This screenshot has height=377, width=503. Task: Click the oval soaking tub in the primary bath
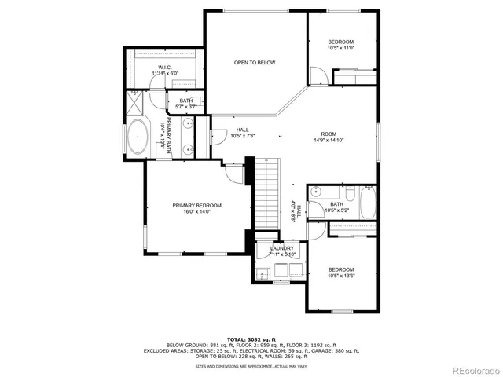(x=138, y=137)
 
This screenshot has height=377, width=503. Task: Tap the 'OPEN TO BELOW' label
(x=255, y=63)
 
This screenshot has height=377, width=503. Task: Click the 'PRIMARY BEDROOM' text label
(x=196, y=205)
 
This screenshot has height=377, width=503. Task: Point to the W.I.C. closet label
(x=165, y=68)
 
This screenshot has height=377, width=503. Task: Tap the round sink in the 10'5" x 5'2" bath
(x=316, y=191)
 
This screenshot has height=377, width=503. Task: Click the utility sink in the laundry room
(x=263, y=273)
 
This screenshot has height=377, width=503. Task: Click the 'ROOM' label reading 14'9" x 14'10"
(x=329, y=134)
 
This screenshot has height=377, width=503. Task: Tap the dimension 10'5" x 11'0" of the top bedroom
(x=341, y=48)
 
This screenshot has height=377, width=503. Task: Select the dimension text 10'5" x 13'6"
(x=341, y=276)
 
